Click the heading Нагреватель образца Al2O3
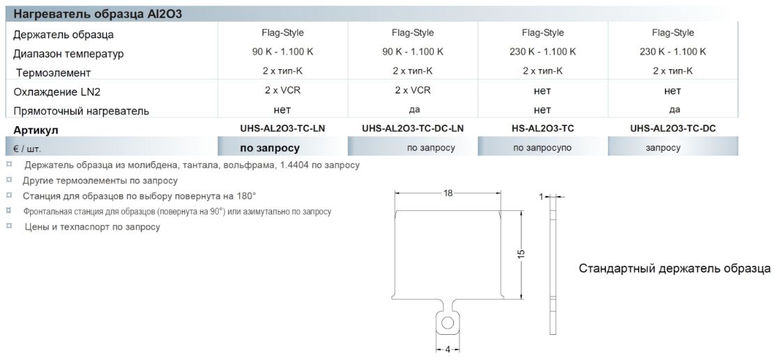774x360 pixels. click(98, 14)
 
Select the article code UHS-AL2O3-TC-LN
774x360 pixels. click(282, 128)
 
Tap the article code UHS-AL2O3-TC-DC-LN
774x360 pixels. click(413, 128)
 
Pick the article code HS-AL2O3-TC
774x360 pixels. click(543, 128)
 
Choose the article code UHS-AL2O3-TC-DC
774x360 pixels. click(673, 128)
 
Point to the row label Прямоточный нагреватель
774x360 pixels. click(81, 111)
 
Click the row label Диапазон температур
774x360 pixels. click(68, 54)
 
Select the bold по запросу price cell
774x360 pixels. click(270, 148)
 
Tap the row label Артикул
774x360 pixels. click(36, 130)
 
